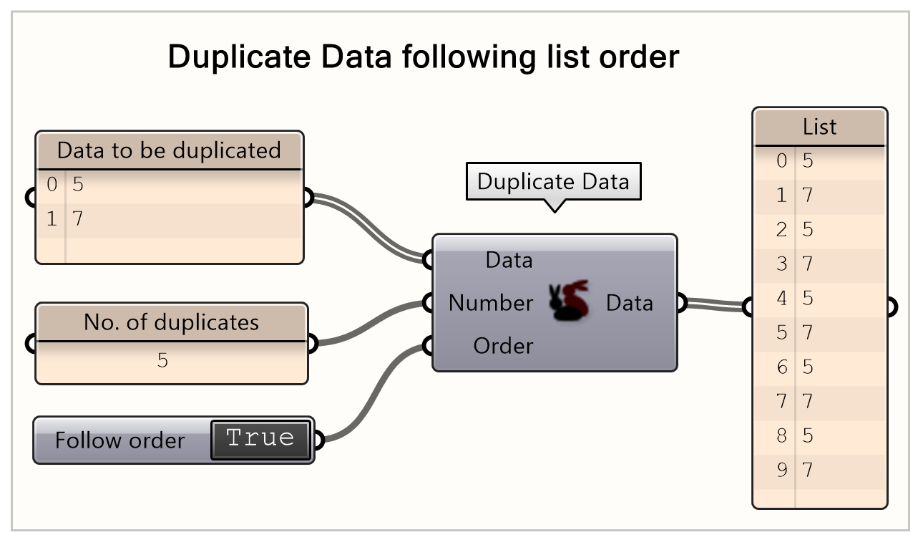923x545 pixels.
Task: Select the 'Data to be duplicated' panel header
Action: tap(169, 150)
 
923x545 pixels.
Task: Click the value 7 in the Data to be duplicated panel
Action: tap(78, 218)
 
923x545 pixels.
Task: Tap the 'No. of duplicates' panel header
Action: tap(171, 322)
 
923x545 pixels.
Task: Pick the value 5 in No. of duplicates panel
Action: tap(162, 360)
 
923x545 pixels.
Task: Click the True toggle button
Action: tap(261, 439)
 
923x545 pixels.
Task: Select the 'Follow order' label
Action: tap(119, 440)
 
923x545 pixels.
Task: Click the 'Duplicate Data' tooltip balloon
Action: tap(553, 181)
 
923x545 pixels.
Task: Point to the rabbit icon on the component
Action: tap(569, 301)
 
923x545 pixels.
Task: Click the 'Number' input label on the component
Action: tap(490, 304)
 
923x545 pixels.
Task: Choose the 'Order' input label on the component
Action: tap(503, 347)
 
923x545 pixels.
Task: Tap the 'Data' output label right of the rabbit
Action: tap(629, 304)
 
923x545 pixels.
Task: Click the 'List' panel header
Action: tap(819, 127)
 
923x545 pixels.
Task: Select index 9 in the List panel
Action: tap(781, 471)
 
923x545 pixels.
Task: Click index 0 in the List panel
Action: tap(781, 161)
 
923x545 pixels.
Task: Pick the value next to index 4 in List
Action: tap(808, 299)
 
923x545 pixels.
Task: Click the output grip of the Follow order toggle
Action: tap(318, 440)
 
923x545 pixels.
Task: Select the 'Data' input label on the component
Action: tap(509, 260)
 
